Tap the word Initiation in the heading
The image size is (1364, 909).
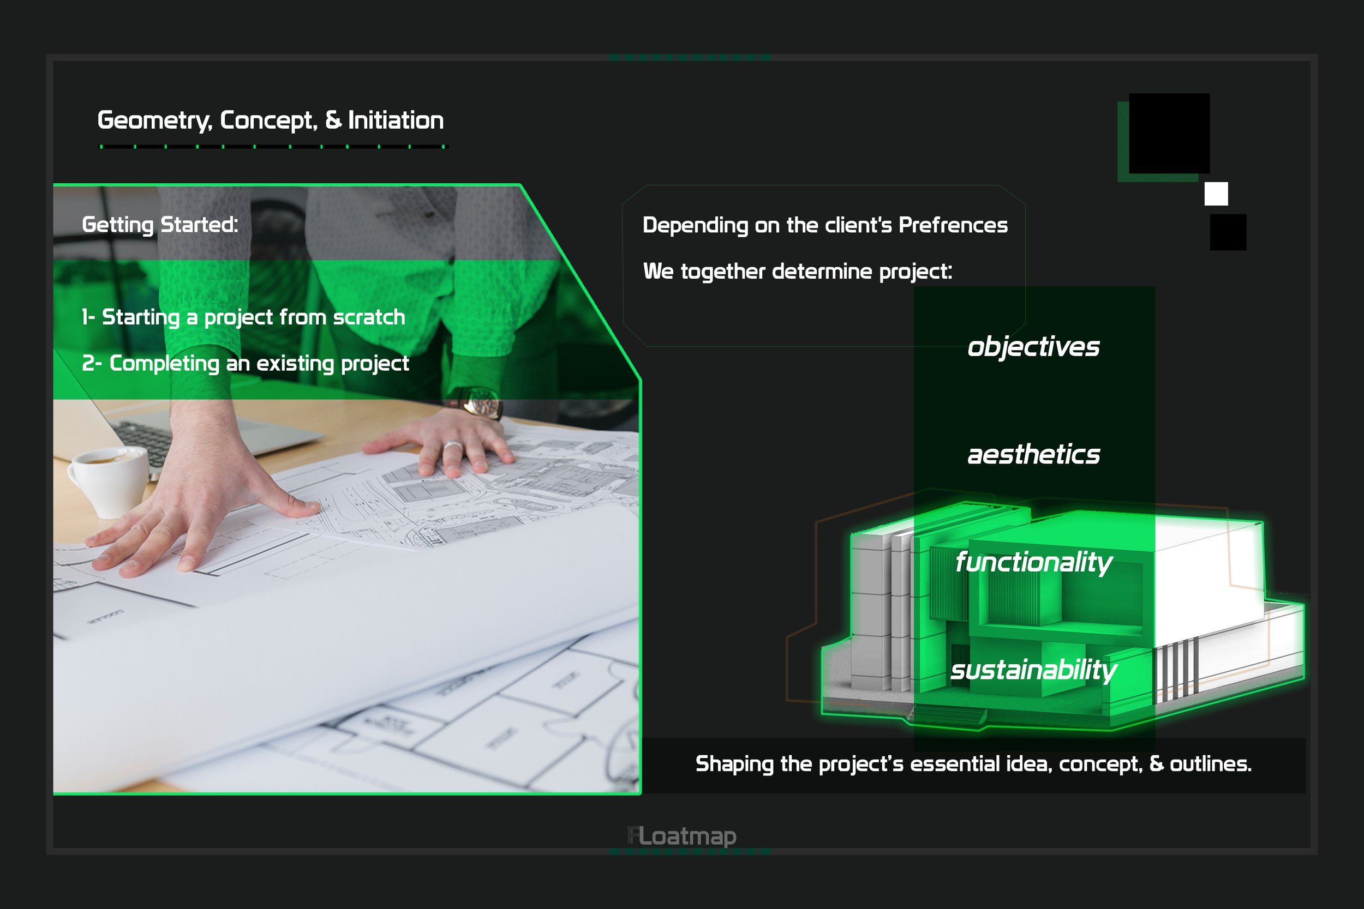396,120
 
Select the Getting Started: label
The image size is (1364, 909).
160,225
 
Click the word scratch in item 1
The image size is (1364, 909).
369,317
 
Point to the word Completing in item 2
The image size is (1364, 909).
164,364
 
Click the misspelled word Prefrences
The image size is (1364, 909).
953,225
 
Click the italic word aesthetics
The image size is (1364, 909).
1033,455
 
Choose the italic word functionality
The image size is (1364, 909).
1033,562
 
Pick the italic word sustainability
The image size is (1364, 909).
1033,670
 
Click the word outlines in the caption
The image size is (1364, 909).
1210,764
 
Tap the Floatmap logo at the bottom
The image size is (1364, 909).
682,836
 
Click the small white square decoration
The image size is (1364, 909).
1216,194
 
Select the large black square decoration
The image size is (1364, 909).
1169,134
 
